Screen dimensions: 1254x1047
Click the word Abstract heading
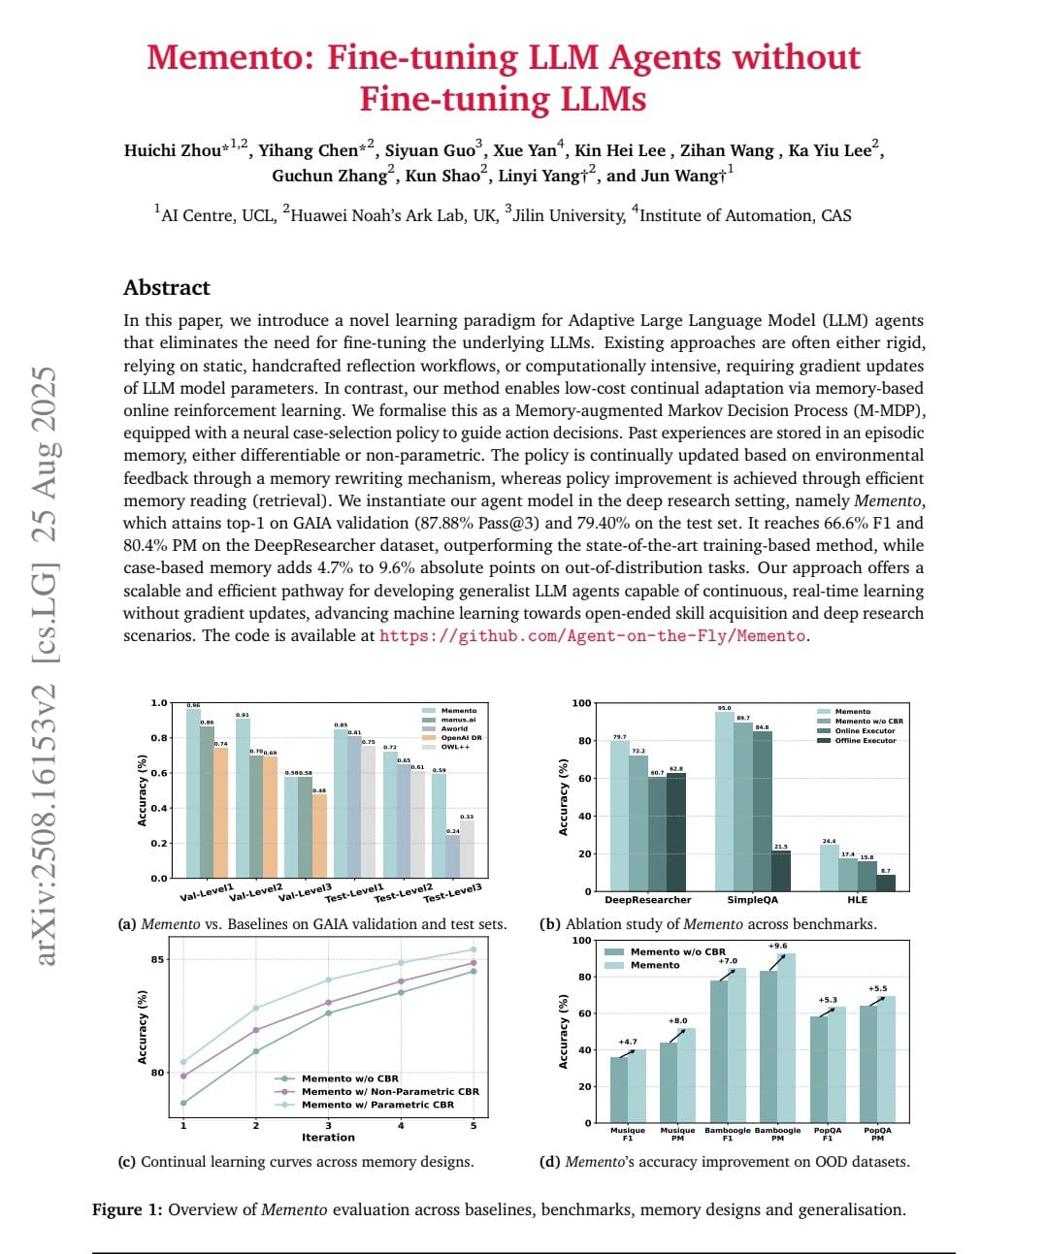[x=166, y=288]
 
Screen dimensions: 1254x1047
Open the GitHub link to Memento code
[x=592, y=636]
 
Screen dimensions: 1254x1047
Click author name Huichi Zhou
[x=173, y=150]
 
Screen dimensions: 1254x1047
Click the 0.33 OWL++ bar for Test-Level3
[x=467, y=850]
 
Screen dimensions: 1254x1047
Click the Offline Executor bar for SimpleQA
[x=781, y=870]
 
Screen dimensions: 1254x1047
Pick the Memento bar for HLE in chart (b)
[x=829, y=867]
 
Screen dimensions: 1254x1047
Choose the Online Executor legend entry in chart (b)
[x=865, y=731]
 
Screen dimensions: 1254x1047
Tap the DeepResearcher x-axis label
[x=647, y=900]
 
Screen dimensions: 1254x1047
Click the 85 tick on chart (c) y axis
[x=157, y=960]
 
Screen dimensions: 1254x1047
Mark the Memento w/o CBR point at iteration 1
[x=183, y=1103]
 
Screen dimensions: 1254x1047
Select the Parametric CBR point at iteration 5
[x=474, y=949]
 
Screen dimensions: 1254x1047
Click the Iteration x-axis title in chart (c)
[x=328, y=1138]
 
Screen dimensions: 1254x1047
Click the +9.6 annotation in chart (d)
[x=777, y=946]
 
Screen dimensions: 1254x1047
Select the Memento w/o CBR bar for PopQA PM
[x=868, y=1064]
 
